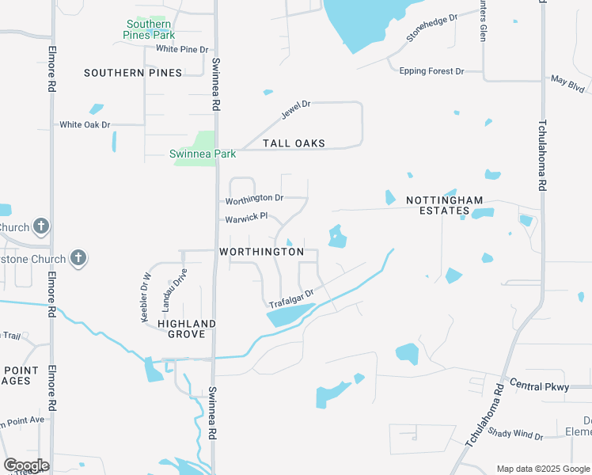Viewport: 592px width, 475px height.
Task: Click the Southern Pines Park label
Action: tap(148, 30)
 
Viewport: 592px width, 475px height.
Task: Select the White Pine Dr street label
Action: tap(182, 49)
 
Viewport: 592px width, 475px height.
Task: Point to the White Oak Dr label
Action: tap(85, 125)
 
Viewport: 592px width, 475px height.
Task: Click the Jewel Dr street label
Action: tap(296, 110)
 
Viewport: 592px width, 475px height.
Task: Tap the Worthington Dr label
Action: tap(254, 198)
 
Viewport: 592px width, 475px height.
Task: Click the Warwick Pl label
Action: tap(246, 216)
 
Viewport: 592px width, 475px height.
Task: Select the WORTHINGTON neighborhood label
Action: tap(261, 252)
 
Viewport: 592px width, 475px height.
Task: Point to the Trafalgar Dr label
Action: tap(291, 298)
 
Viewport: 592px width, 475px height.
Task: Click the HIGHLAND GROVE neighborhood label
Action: tap(187, 329)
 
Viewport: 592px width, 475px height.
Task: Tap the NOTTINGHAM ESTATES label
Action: tap(444, 206)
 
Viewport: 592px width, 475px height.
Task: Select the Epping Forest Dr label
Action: tap(431, 71)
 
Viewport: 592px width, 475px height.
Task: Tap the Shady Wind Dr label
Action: tap(515, 435)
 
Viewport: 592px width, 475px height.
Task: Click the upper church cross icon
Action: tap(42, 227)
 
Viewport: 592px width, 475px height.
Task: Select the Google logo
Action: tap(26, 465)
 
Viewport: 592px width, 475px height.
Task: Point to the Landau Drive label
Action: tap(168, 289)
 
